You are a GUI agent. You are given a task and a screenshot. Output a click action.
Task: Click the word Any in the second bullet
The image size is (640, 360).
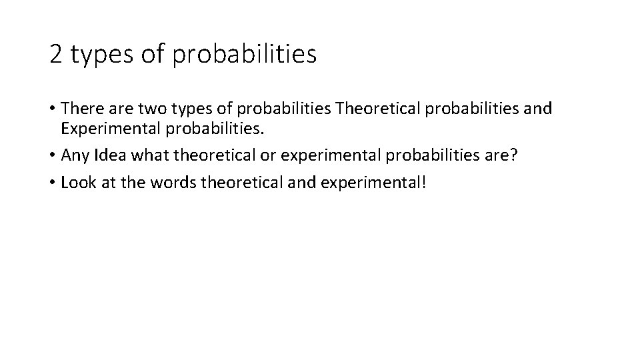73,155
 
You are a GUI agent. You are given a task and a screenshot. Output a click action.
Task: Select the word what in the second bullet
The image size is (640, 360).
149,155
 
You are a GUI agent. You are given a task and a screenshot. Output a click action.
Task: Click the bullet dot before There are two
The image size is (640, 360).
53,109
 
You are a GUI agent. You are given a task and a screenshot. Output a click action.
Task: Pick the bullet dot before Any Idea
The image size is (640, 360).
53,156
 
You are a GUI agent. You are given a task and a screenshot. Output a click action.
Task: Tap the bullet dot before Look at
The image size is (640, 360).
53,184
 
